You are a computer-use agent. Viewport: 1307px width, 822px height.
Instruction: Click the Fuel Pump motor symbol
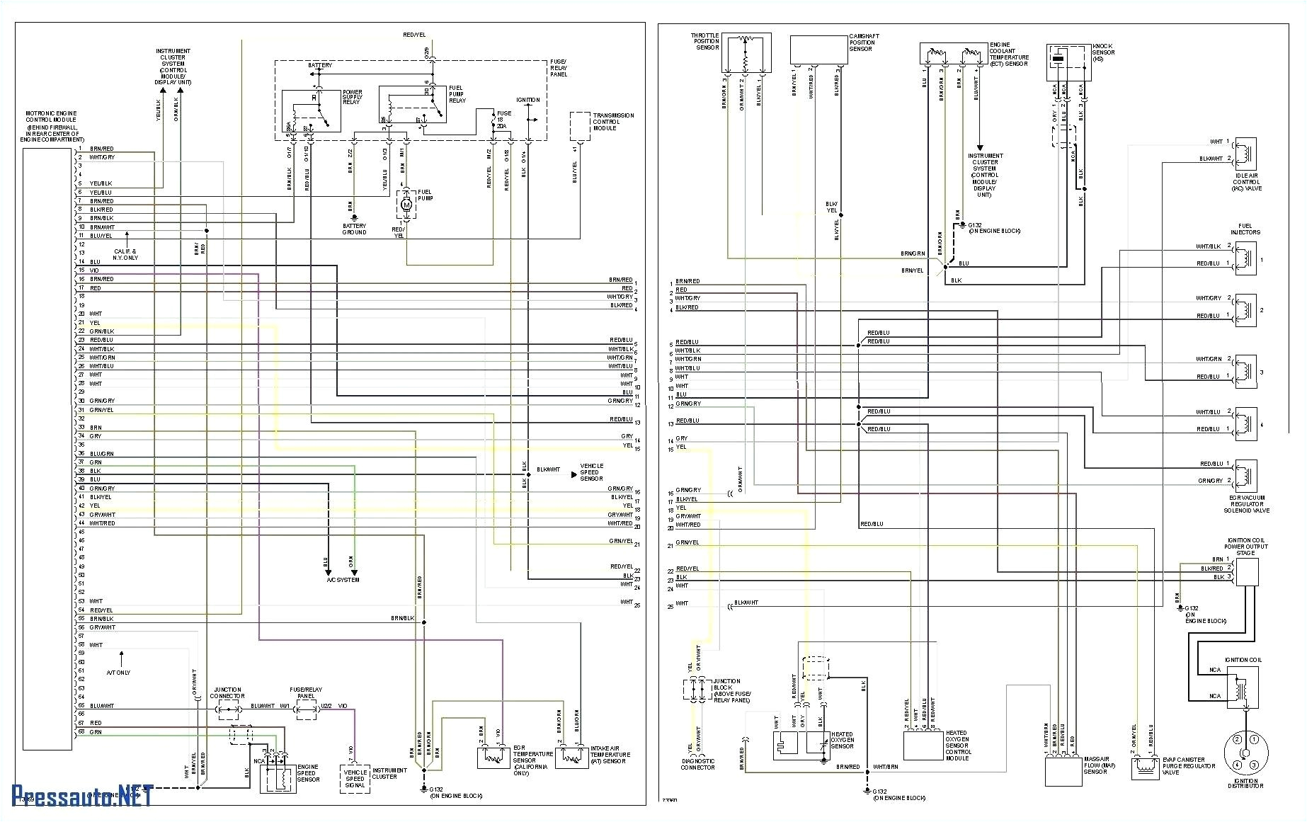(x=406, y=205)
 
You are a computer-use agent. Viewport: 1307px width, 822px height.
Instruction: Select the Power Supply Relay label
(x=352, y=97)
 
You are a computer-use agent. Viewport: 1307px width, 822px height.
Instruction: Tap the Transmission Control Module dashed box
(x=580, y=126)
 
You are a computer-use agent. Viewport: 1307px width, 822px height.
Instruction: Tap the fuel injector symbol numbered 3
(x=1245, y=372)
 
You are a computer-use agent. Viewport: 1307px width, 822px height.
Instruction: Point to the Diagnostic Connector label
(x=697, y=764)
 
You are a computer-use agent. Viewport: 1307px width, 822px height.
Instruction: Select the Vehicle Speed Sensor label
(x=591, y=472)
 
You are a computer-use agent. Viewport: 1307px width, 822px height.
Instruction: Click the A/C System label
(x=343, y=580)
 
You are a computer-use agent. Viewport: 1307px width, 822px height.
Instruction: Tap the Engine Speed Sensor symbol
(x=277, y=777)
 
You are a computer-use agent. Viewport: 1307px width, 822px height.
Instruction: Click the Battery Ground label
(x=354, y=229)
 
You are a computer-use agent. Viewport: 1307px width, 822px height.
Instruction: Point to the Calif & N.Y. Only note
(x=125, y=254)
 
